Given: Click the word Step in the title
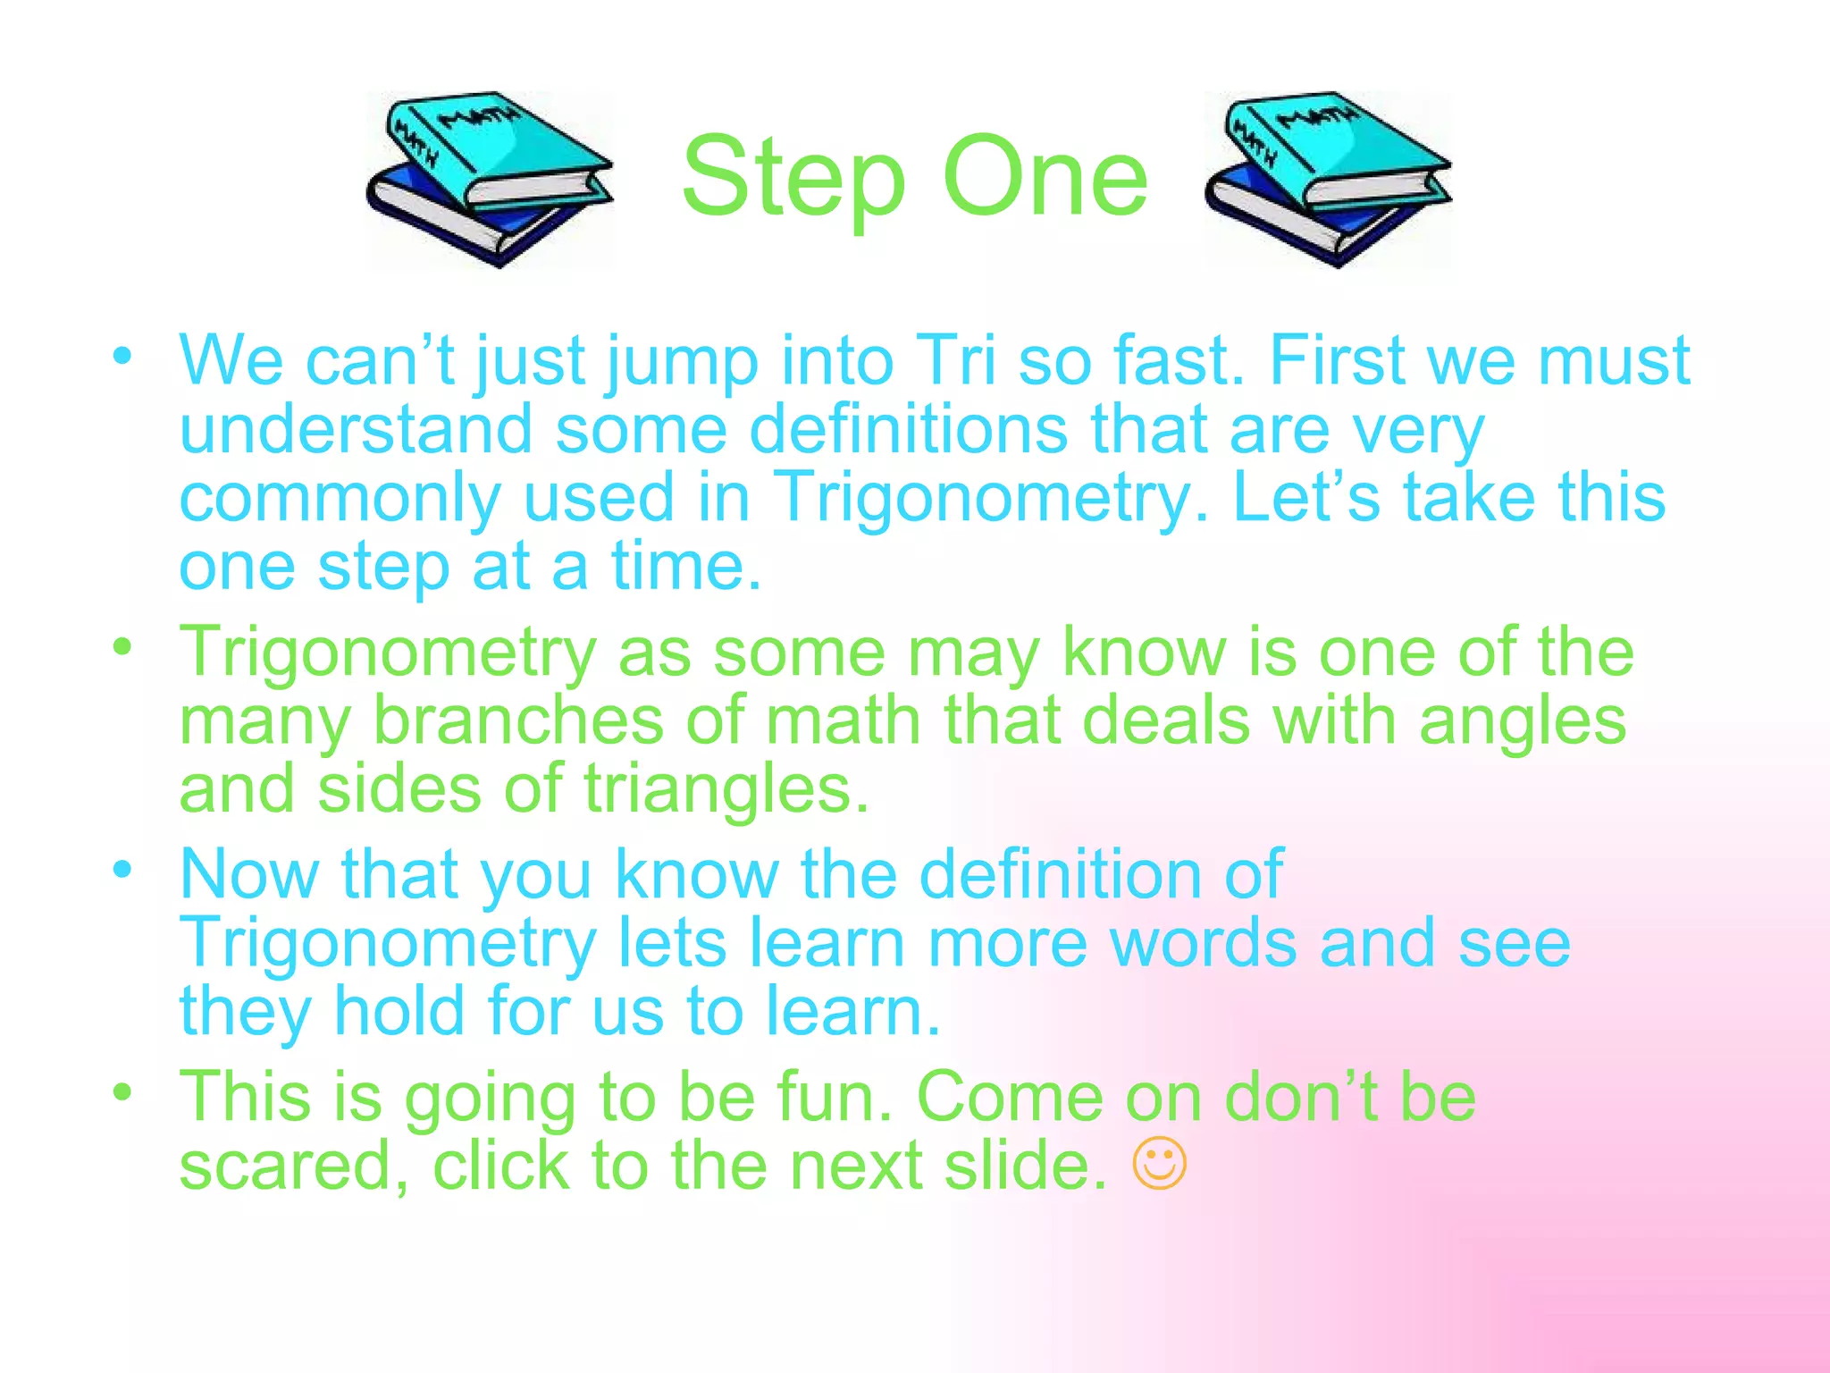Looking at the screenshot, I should [x=793, y=179].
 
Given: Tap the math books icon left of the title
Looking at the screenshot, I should [x=490, y=179].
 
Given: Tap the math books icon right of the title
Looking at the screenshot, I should [x=1328, y=179].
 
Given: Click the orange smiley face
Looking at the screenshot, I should [x=1160, y=1163].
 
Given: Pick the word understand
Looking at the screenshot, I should [x=356, y=429].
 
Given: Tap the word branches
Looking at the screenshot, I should [x=518, y=720].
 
